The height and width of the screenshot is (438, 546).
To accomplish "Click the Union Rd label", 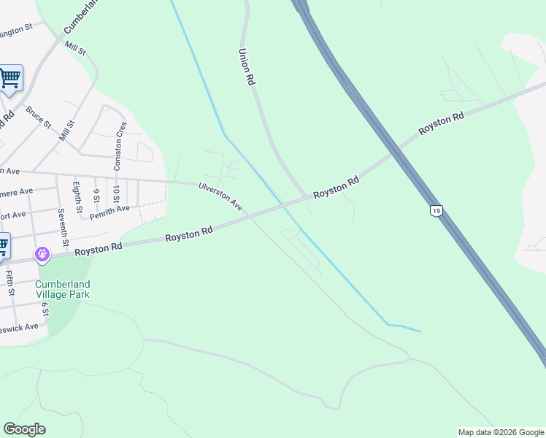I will [246, 69].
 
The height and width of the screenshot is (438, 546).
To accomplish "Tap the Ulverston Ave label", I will [220, 196].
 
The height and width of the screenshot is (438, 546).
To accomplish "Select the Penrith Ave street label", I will [109, 212].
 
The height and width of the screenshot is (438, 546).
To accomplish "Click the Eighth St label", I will [76, 195].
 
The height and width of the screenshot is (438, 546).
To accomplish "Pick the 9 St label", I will [96, 195].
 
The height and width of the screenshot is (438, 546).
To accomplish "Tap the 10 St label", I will [116, 195].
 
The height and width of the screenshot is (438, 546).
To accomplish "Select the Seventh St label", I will [64, 228].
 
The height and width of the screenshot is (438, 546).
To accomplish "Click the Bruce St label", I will [38, 118].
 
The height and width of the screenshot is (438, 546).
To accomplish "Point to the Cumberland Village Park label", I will [62, 289].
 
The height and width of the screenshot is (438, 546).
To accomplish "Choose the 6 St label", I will [45, 310].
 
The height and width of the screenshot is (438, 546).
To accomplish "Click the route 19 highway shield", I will [436, 210].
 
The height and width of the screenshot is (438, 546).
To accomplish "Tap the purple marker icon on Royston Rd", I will [42, 254].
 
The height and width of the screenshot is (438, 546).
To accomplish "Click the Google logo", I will [24, 429].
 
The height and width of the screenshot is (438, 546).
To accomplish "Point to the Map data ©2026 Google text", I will [500, 432].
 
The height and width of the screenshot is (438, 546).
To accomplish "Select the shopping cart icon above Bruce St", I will [10, 78].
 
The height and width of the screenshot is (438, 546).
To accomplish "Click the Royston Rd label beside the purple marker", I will [98, 249].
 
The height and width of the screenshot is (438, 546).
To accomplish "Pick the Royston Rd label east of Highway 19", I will [441, 123].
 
